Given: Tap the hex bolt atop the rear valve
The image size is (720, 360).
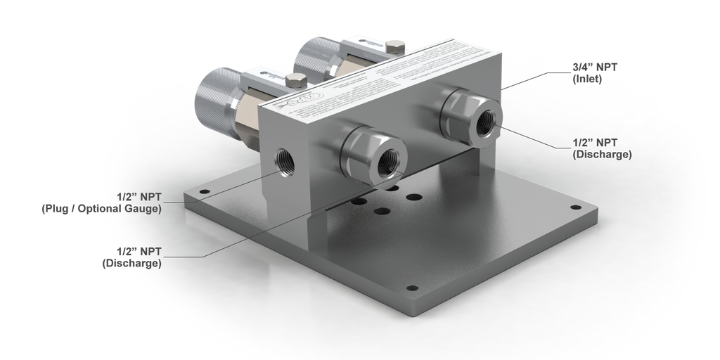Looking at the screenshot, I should coord(396,47).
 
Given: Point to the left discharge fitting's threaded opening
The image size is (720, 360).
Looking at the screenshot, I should coord(387,163).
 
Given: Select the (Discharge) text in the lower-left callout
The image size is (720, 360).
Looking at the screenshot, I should coord(132,264).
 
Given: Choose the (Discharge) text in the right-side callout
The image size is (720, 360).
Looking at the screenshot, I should coord(602,154).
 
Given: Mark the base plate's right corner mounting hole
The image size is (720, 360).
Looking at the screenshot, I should coord(577,209).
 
